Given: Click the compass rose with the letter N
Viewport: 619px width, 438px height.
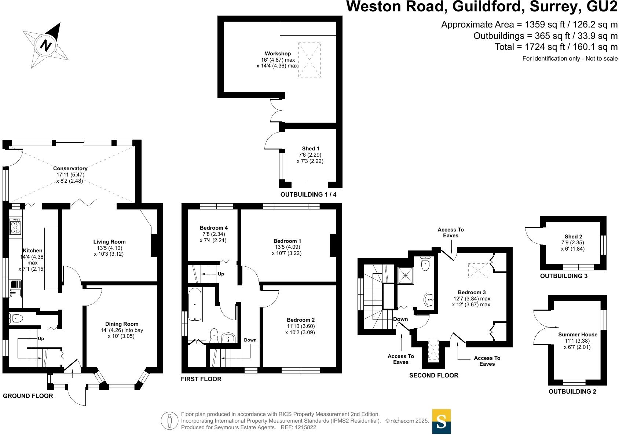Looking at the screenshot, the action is (46, 45).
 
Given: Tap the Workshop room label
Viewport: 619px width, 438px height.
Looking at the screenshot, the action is (278, 54).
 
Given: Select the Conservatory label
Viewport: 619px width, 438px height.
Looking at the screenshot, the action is (70, 168).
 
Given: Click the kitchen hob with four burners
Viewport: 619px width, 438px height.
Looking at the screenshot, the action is (16, 226).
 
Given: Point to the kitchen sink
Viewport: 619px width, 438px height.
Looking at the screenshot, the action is (15, 288).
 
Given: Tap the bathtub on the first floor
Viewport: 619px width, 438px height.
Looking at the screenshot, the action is (195, 304).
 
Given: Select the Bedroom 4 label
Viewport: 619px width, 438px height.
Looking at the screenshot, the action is (214, 228).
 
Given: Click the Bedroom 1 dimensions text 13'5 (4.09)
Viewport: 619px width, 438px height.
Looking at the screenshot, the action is (287, 247).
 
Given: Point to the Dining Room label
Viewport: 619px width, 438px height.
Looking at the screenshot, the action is (122, 324).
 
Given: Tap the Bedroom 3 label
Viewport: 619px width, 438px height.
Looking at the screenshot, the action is (472, 292).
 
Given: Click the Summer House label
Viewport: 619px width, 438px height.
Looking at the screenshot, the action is (578, 335).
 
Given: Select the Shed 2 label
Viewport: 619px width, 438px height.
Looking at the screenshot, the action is (573, 237).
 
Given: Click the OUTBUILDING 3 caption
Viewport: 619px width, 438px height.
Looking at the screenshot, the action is (564, 276).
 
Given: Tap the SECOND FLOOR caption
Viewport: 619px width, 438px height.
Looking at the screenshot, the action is (433, 375).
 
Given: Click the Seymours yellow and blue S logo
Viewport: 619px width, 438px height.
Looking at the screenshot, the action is (441, 421).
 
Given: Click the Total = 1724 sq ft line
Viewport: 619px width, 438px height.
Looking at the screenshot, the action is (556, 47).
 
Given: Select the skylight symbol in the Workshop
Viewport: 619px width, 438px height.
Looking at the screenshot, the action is (309, 60).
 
